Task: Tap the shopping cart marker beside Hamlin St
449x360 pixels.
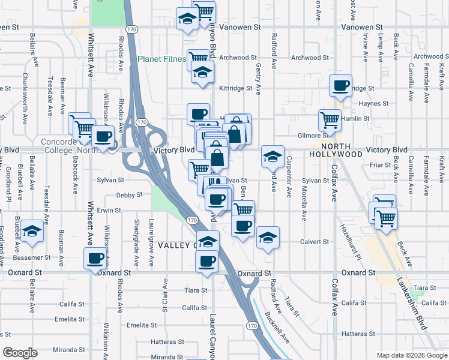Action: coord(329,119)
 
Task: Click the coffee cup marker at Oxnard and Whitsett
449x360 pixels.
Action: coord(94,259)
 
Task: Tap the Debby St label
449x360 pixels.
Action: coord(129,195)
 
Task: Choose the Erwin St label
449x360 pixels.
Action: coord(109,211)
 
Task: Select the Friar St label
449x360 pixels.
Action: coord(380,164)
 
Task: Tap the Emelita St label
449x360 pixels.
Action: coord(142,325)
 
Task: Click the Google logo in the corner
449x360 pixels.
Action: coord(20,353)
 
